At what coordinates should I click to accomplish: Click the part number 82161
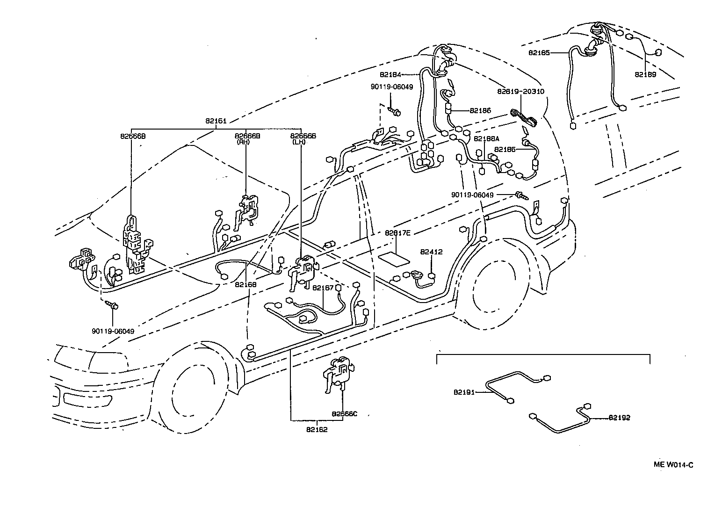[216, 121]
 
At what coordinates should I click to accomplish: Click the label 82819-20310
[520, 92]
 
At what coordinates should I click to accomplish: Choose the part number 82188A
[486, 139]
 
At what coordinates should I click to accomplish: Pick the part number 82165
[539, 53]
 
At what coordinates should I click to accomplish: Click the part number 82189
[645, 74]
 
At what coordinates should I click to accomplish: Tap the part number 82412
[431, 252]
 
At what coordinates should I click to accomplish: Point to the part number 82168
[246, 284]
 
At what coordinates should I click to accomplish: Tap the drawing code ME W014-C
[673, 464]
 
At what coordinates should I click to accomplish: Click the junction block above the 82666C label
[338, 372]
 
